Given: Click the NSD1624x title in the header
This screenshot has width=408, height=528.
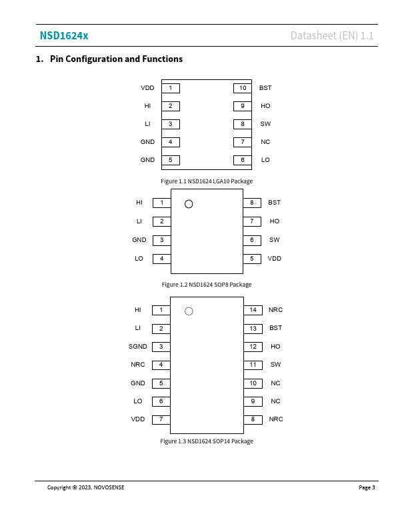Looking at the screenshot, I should click(63, 35).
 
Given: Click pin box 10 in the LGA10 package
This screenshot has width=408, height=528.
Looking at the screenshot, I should click(243, 88).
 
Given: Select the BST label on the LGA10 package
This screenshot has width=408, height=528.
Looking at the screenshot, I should click(265, 88).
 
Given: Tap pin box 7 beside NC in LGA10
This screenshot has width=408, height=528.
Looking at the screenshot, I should click(243, 142).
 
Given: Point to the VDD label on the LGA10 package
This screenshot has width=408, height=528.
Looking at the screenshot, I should click(147, 88).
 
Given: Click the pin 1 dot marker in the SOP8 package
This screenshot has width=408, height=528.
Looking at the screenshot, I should click(189, 203).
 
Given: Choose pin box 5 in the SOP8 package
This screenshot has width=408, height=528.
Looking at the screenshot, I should click(252, 259).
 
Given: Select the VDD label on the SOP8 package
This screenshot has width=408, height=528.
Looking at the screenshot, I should click(275, 259).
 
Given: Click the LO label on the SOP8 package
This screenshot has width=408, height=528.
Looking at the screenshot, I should click(139, 259).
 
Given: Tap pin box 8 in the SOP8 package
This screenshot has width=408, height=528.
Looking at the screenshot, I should click(252, 203).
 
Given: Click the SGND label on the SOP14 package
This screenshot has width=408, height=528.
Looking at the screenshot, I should click(138, 347).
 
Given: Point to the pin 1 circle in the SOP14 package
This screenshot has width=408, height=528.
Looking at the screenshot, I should click(189, 311).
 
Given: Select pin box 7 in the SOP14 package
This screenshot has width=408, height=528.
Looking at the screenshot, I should click(161, 419).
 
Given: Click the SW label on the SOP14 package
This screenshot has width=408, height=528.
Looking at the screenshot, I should click(275, 365).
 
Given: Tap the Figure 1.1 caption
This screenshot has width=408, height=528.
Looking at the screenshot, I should click(207, 181).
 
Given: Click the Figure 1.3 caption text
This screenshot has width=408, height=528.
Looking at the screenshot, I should click(207, 441).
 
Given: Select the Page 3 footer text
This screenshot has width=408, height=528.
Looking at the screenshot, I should click(367, 487).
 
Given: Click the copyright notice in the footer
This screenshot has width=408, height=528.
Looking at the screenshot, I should click(85, 487).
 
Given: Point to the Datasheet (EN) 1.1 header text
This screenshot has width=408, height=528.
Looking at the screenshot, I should click(332, 35).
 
